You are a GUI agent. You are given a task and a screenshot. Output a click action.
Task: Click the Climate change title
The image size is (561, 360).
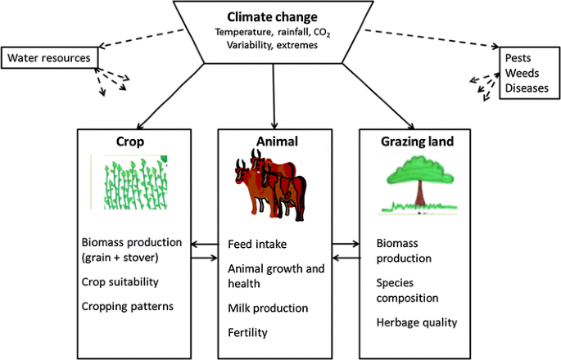(x=272, y=16)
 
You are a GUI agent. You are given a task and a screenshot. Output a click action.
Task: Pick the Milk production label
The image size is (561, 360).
(x=268, y=308)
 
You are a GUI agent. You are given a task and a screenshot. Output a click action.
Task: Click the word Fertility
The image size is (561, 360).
(x=247, y=333)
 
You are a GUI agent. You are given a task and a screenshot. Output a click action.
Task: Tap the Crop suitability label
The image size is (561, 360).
(x=120, y=282)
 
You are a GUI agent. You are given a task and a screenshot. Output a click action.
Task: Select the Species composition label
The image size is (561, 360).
(x=407, y=291)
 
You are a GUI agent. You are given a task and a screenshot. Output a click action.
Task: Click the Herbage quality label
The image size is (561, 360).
(x=417, y=322)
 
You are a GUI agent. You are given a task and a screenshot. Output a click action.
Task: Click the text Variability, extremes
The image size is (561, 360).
(x=274, y=46)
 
